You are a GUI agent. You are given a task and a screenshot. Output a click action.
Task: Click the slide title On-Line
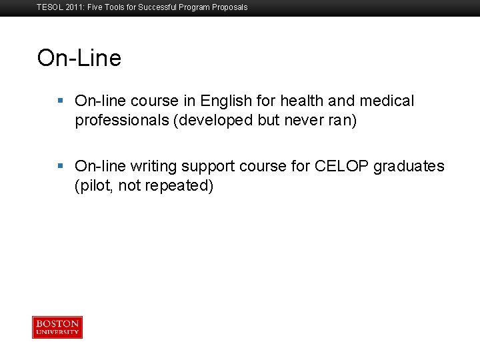coord(79,58)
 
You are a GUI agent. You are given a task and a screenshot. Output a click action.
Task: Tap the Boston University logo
coord(57,327)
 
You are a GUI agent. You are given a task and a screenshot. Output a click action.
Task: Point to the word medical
coord(387,101)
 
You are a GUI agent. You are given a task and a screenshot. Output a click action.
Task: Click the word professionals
coord(122,121)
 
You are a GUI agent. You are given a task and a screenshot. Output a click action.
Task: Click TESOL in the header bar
coord(49,7)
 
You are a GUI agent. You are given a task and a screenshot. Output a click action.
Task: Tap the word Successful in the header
coord(159,7)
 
